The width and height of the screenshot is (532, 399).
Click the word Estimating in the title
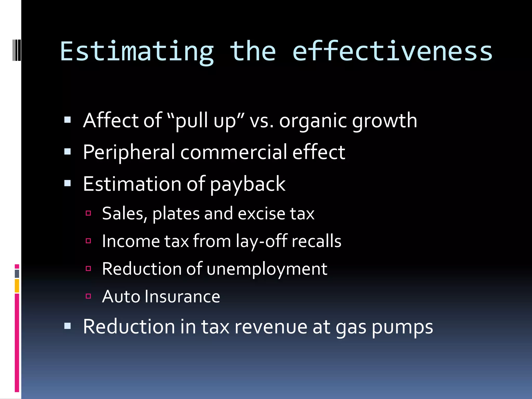(x=137, y=52)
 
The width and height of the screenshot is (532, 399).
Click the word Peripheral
(x=129, y=153)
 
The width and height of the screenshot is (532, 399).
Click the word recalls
(x=316, y=241)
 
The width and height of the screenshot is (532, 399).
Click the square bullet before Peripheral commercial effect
(x=68, y=152)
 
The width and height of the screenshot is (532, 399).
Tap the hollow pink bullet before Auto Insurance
(x=88, y=296)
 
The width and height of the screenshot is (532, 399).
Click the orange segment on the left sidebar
(x=17, y=286)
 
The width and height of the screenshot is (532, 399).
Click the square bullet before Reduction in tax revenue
(x=68, y=326)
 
